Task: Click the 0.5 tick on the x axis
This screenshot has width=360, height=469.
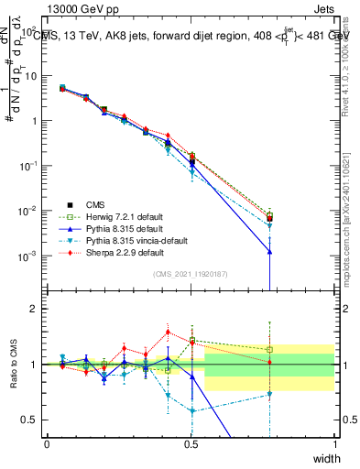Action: coord(191,444)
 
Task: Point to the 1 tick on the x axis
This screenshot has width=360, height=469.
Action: coord(334,444)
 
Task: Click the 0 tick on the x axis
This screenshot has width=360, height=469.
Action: coord(47,444)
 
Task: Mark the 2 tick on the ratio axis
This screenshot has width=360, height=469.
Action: coord(36,309)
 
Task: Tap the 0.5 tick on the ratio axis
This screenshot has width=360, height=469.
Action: coord(32,420)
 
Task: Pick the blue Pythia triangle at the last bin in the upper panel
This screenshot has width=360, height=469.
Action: coord(269,251)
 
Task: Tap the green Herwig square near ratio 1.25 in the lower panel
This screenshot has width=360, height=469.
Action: coord(269,349)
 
